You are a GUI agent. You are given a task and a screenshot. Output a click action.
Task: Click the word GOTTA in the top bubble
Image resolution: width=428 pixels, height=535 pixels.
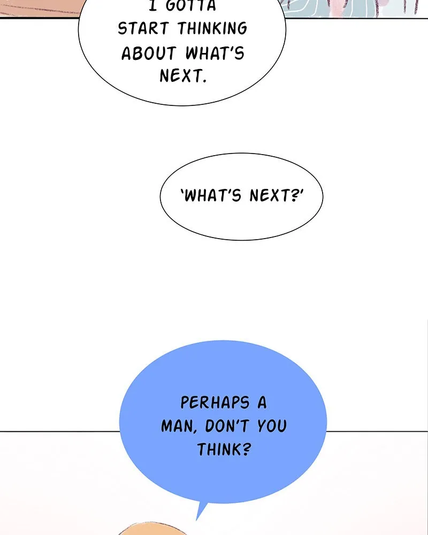tap(191, 6)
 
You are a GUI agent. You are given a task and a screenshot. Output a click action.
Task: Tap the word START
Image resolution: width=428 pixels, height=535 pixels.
tap(143, 29)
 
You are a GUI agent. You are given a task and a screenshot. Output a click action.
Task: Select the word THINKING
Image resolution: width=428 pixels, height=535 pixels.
tap(212, 29)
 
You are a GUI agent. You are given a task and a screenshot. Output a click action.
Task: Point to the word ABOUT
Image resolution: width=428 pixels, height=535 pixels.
tap(149, 53)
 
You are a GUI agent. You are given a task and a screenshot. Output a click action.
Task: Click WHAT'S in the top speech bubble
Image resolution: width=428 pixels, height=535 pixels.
tap(215, 53)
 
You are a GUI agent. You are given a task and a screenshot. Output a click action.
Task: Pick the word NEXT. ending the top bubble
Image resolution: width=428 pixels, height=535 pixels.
tap(184, 76)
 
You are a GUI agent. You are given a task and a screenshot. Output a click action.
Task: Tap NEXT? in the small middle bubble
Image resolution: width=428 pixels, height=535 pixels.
tap(277, 195)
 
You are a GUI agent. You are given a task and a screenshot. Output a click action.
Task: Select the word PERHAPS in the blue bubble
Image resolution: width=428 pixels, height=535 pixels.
tap(215, 403)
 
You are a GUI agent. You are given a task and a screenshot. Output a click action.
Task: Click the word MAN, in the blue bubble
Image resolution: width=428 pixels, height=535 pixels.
tap(179, 426)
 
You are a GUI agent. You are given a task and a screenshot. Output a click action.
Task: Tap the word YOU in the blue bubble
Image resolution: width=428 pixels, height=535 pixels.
tap(272, 426)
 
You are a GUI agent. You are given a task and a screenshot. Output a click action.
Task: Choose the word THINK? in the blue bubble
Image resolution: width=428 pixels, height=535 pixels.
tap(224, 449)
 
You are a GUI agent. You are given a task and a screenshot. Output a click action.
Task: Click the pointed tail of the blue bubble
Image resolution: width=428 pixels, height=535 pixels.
tap(197, 519)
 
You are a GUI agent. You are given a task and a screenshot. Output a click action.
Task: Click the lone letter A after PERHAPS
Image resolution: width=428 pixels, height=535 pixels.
tap(262, 403)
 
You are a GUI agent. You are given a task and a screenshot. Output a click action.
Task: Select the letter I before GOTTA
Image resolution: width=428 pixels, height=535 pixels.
tap(153, 6)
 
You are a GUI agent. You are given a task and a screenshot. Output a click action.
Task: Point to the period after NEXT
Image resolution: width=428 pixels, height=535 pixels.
tap(204, 81)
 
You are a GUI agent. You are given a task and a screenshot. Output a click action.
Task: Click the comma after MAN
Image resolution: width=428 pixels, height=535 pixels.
tap(195, 432)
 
